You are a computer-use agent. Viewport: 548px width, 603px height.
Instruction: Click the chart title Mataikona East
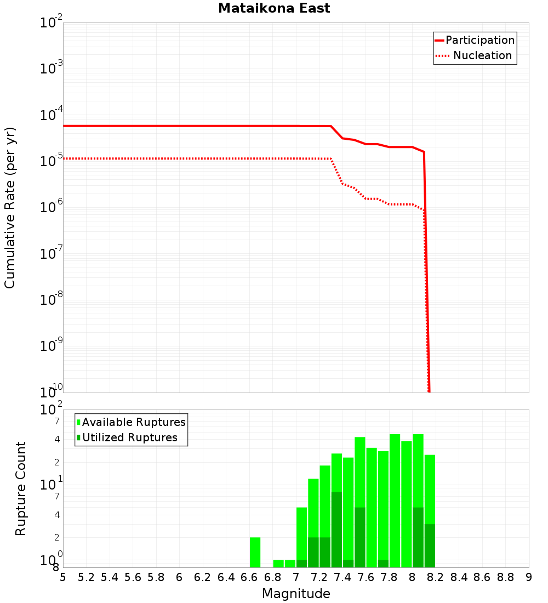coord(274,9)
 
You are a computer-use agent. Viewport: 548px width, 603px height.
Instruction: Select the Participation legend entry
coord(475,41)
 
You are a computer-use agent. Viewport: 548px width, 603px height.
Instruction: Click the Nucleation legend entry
coord(475,56)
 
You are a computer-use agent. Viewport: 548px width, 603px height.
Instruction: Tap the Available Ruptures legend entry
coord(131,423)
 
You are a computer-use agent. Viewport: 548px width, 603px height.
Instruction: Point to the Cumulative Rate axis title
coord(10,207)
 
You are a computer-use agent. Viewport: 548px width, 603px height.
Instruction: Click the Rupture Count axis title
coord(21,488)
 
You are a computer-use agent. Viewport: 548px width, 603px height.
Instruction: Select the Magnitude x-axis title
coord(296,594)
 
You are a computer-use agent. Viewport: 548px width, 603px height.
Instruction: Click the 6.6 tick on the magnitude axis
coord(249,577)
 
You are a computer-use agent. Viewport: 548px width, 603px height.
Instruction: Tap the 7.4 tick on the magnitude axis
coord(342,577)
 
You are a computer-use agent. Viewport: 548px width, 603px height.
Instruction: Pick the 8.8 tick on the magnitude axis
coord(505,577)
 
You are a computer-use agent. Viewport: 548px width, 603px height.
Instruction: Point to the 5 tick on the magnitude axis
coord(63,577)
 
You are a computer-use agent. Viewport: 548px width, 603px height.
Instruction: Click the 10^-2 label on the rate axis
coord(52,24)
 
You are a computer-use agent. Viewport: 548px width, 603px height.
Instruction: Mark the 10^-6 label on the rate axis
coord(52,208)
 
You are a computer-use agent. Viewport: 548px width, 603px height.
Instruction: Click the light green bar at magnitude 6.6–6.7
coord(255,552)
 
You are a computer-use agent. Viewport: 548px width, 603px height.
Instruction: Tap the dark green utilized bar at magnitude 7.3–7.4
coord(336,530)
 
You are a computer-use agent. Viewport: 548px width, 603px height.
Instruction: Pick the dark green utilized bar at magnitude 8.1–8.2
coord(430,545)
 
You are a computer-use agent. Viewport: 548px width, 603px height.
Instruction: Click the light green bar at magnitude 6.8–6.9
coord(278,564)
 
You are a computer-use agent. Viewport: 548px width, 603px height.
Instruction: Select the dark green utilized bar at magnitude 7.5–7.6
coord(360,537)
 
